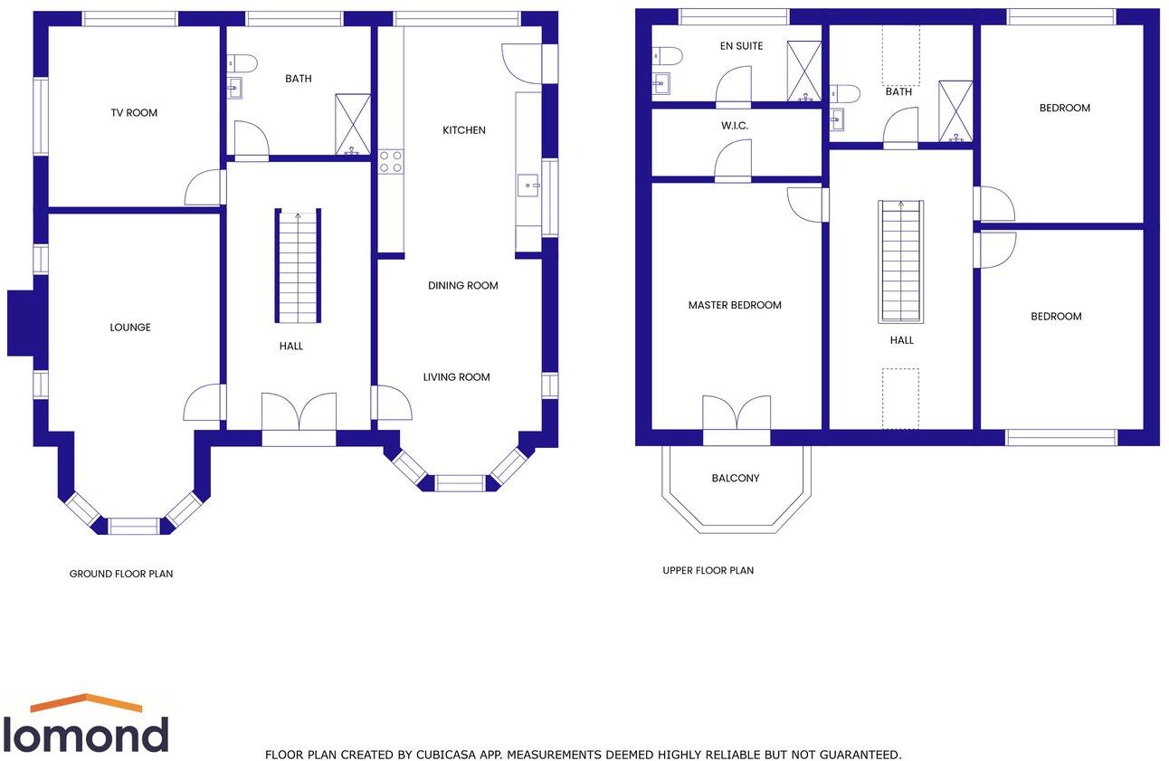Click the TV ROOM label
tap(134, 113)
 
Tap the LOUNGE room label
tap(130, 328)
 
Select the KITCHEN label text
tap(463, 130)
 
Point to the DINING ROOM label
tap(463, 286)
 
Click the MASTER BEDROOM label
tap(735, 306)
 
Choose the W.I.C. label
tap(735, 126)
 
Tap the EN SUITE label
tap(742, 46)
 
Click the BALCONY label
tap(736, 478)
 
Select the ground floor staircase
tap(299, 267)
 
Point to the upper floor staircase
tap(901, 262)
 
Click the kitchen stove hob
tap(391, 161)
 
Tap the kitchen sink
tap(527, 185)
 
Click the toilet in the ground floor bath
tap(242, 62)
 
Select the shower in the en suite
tap(803, 71)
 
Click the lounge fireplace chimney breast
tap(20, 322)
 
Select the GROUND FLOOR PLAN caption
tap(121, 574)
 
